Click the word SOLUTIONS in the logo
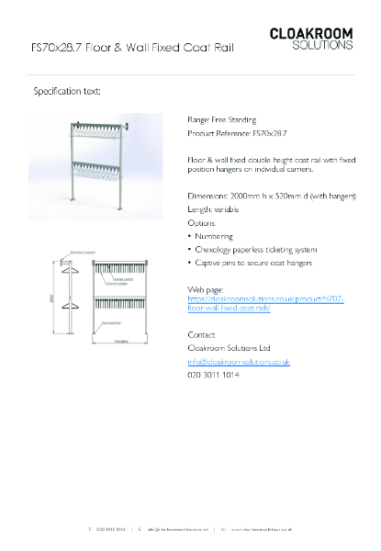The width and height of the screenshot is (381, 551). point(321,44)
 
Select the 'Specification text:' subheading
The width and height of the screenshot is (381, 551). point(67,91)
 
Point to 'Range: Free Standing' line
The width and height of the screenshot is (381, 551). point(221,119)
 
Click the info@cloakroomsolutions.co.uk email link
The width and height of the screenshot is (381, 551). point(239,362)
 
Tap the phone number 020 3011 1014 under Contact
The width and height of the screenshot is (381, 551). point(212,375)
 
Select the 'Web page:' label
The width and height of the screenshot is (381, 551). point(206,289)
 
